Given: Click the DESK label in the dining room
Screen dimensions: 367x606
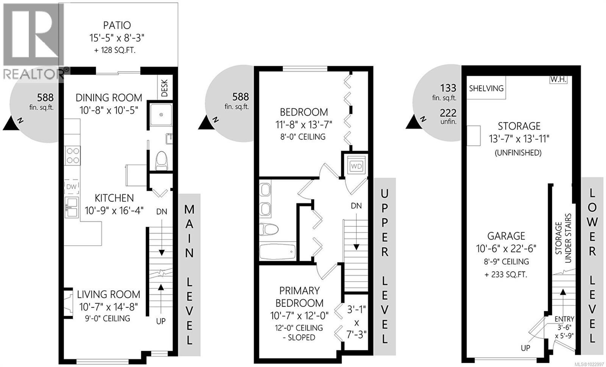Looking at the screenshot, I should [x=165, y=88].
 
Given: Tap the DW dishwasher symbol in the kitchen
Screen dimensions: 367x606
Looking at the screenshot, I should [x=72, y=186].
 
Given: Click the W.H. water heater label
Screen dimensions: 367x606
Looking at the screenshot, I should [x=558, y=80].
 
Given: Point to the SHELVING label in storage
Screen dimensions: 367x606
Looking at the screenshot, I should [x=486, y=88].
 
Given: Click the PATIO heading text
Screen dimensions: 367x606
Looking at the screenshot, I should [x=117, y=25].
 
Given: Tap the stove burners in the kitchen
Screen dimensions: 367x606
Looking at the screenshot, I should [x=73, y=155].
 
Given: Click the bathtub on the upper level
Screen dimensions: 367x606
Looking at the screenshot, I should [x=278, y=252].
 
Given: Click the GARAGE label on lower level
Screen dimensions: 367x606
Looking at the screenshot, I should [x=506, y=236].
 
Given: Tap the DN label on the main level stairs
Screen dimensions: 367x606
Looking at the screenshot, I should [x=162, y=212].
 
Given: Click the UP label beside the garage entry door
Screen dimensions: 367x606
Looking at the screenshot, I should [x=525, y=347].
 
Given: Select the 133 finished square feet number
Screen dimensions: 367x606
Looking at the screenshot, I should [x=448, y=88].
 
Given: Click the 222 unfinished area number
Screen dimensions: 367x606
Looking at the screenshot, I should [x=448, y=113].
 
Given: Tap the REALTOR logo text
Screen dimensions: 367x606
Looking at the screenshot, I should [x=34, y=74].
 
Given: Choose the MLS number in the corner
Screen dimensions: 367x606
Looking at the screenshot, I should [x=589, y=363].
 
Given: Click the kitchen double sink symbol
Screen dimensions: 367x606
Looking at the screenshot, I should [x=72, y=207].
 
